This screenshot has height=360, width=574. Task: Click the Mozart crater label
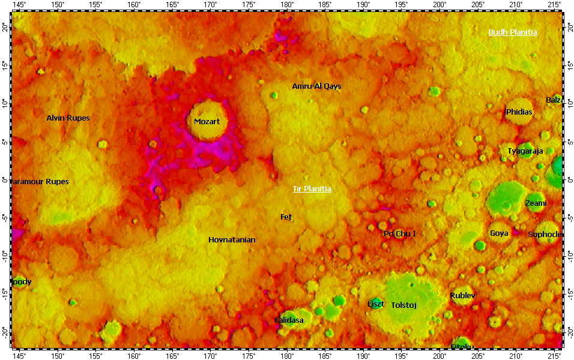coord(207,122)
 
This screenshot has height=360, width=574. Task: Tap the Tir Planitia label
coord(312,189)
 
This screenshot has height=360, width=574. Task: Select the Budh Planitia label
coord(512,32)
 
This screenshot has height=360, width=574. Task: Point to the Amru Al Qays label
coord(316,86)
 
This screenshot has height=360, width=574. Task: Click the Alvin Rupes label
coord(68,118)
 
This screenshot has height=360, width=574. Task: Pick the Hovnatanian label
coord(232,240)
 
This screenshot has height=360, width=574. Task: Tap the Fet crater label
coord(286,217)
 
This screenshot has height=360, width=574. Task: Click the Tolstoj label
coord(403,305)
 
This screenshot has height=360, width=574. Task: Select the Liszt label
coord(376,304)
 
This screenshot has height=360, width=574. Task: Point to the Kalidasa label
coord(288,320)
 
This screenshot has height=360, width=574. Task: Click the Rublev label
coord(462,296)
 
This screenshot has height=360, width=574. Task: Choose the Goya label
coord(499,233)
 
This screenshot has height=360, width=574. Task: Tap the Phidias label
coord(519,112)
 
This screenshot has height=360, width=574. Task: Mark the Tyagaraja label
coord(525,151)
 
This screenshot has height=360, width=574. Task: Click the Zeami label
coord(536,203)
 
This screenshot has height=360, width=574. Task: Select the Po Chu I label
coord(400,234)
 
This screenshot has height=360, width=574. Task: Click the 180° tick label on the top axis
coord(287,5)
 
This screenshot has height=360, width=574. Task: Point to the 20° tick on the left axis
coord(5,28)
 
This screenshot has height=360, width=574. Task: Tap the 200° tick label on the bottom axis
coord(440,355)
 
